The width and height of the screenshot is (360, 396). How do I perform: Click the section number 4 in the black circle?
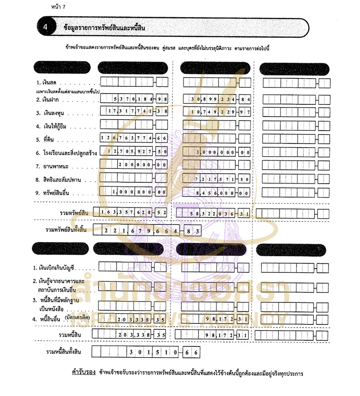click(45, 27)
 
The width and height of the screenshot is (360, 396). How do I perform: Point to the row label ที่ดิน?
click(47, 140)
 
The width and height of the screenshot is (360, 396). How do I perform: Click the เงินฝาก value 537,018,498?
click(140, 99)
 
